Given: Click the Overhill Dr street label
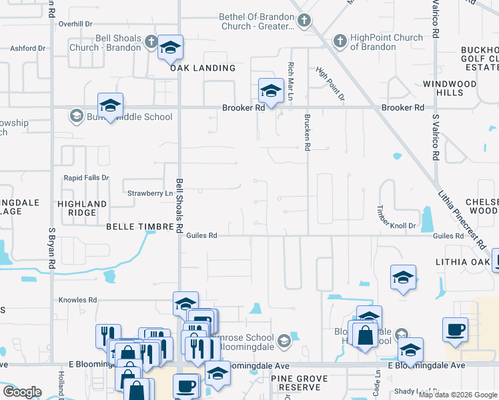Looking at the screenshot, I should pyautogui.click(x=75, y=23).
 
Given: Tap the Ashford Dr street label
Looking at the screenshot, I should pyautogui.click(x=28, y=48).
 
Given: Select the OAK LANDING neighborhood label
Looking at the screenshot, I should pyautogui.click(x=203, y=68).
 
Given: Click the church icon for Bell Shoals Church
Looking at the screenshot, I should pyautogui.click(x=151, y=42).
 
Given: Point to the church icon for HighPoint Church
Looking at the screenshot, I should pyautogui.click(x=340, y=42).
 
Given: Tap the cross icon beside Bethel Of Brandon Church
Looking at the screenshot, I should pyautogui.click(x=304, y=21).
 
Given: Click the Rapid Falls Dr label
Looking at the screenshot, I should pyautogui.click(x=86, y=178).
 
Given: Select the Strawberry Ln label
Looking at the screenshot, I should pyautogui.click(x=145, y=193).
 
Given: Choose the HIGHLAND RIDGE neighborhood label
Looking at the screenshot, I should pyautogui.click(x=82, y=208).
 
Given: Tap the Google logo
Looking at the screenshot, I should pyautogui.click(x=22, y=392).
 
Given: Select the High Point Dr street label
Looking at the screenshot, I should pyautogui.click(x=330, y=84).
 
